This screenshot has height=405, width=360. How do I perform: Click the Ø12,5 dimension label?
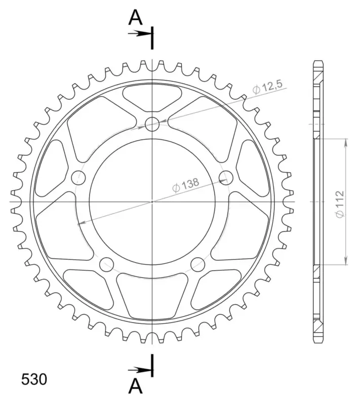click(x=268, y=87)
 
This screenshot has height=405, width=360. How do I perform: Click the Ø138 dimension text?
click(x=186, y=185)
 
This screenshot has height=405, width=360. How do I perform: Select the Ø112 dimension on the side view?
click(x=340, y=204)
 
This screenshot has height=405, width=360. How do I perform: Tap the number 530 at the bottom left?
click(x=34, y=380)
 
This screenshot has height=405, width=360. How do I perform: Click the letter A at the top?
click(x=135, y=18)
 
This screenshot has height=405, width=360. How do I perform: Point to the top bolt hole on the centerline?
click(x=152, y=124)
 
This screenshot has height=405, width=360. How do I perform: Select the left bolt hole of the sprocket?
click(x=78, y=178)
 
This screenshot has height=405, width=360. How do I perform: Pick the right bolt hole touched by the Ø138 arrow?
click(x=226, y=178)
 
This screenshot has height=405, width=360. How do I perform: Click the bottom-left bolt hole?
click(x=107, y=264)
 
